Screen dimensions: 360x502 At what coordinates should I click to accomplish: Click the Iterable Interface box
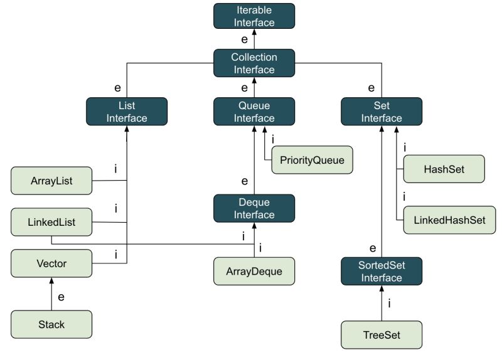pyautogui.click(x=254, y=17)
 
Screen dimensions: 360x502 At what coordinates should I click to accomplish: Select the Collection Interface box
pyautogui.click(x=254, y=63)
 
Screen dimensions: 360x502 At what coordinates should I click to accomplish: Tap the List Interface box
pyautogui.click(x=127, y=112)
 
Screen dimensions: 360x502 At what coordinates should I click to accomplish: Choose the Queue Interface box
pyautogui.click(x=254, y=112)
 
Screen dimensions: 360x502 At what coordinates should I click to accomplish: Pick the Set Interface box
pyautogui.click(x=382, y=112)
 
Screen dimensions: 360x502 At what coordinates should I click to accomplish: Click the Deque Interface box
pyautogui.click(x=254, y=208)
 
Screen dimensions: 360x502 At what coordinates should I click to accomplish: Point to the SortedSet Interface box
pyautogui.click(x=382, y=270)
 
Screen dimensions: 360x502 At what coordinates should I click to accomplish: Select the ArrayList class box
pyautogui.click(x=51, y=181)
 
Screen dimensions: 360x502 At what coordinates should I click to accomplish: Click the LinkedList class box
pyautogui.click(x=51, y=222)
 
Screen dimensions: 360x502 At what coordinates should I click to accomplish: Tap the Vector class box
pyautogui.click(x=51, y=263)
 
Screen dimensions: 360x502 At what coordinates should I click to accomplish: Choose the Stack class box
pyautogui.click(x=51, y=324)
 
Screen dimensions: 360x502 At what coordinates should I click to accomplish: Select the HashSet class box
pyautogui.click(x=444, y=169)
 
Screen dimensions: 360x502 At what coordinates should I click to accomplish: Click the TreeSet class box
pyautogui.click(x=382, y=334)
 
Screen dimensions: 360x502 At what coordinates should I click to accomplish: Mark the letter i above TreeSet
pyautogui.click(x=390, y=304)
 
